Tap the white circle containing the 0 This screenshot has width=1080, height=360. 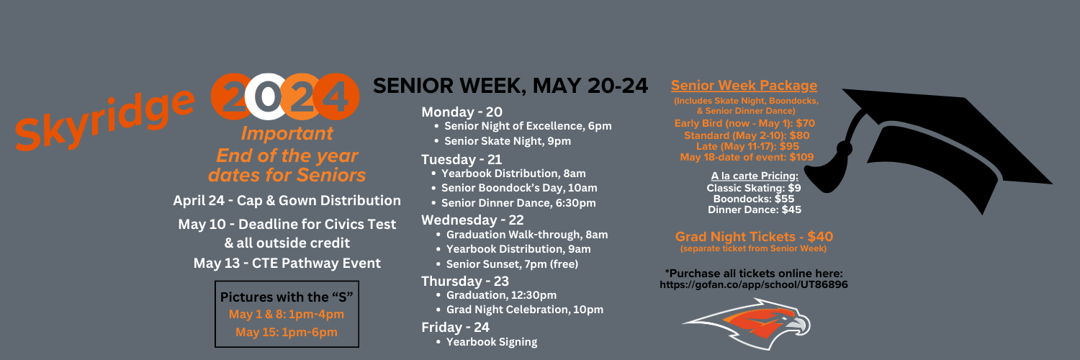coord(268,96)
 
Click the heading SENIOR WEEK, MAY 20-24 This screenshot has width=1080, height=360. coord(510,86)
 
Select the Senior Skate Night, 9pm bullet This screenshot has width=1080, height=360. coord(507,141)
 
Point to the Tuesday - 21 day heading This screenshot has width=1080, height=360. coord(462,159)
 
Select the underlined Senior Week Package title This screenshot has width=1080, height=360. coord(744,85)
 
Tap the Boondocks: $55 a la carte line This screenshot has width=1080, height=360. coord(754,199)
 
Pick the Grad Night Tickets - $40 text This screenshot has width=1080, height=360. coord(754,237)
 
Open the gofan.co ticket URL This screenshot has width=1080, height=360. coord(754,285)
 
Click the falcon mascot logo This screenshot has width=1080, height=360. coord(747,324)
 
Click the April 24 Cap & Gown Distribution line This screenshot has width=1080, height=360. coord(287,200)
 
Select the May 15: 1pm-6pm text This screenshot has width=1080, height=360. coord(287,332)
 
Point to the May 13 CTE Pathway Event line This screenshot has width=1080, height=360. coord(287,263)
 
